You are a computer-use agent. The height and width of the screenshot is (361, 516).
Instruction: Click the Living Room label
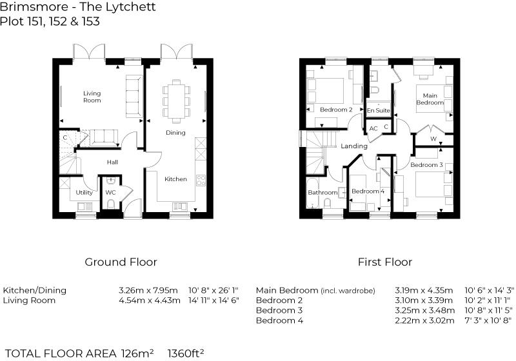92,97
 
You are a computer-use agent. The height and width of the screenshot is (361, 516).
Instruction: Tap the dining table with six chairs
175,100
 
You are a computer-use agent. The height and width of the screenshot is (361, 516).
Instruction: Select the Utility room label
84,192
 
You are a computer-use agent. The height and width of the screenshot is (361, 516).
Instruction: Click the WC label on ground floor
110,192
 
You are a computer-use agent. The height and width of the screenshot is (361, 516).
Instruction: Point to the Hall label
112,162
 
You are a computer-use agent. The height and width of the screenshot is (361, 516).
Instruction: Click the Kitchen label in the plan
175,179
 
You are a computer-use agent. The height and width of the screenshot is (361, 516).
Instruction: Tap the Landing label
354,146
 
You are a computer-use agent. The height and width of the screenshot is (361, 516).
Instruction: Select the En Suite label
378,111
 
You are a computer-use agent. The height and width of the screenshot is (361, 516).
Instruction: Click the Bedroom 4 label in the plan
368,191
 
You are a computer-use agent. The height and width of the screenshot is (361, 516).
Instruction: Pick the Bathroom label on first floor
322,193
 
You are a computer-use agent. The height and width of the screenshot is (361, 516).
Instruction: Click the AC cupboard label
373,128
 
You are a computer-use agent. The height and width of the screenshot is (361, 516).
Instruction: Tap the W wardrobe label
433,138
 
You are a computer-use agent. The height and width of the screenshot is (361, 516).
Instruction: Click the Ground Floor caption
121,262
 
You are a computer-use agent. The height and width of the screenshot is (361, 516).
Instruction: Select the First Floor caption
385,262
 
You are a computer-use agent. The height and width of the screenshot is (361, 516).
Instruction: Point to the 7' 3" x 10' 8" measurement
488,320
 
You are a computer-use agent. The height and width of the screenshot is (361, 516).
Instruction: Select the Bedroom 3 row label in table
279,310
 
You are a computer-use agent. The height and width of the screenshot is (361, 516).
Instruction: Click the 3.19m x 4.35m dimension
424,290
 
